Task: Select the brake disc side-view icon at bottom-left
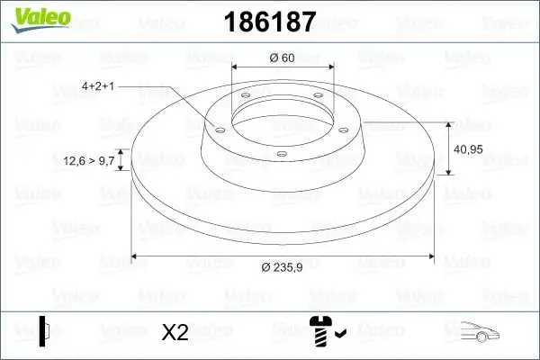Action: pyautogui.click(x=44, y=330)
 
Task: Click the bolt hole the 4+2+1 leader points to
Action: pyautogui.click(x=217, y=128)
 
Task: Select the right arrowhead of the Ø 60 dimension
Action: pyautogui.click(x=329, y=67)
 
